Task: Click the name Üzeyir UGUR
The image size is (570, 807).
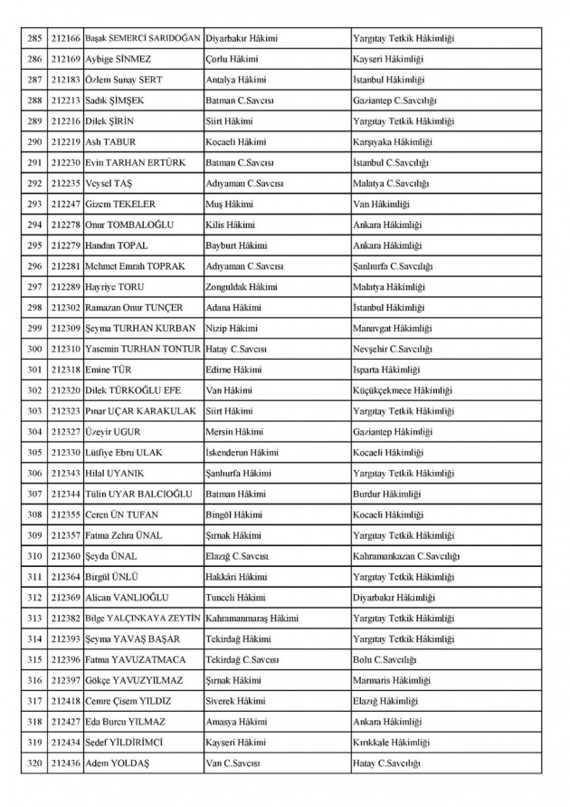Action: tap(111, 431)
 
